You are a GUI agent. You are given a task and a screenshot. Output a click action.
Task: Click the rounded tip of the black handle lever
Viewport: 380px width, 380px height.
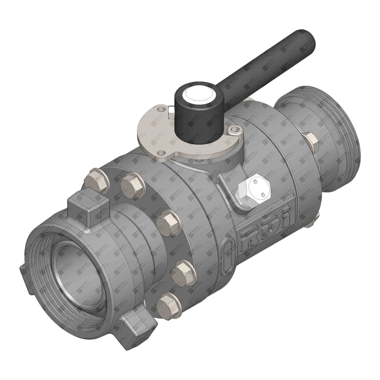click(x=306, y=37)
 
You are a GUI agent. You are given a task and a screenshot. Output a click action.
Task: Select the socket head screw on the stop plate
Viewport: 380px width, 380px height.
click(x=235, y=130)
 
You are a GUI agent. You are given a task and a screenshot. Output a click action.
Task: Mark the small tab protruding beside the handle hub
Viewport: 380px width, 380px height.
click(x=171, y=110)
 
